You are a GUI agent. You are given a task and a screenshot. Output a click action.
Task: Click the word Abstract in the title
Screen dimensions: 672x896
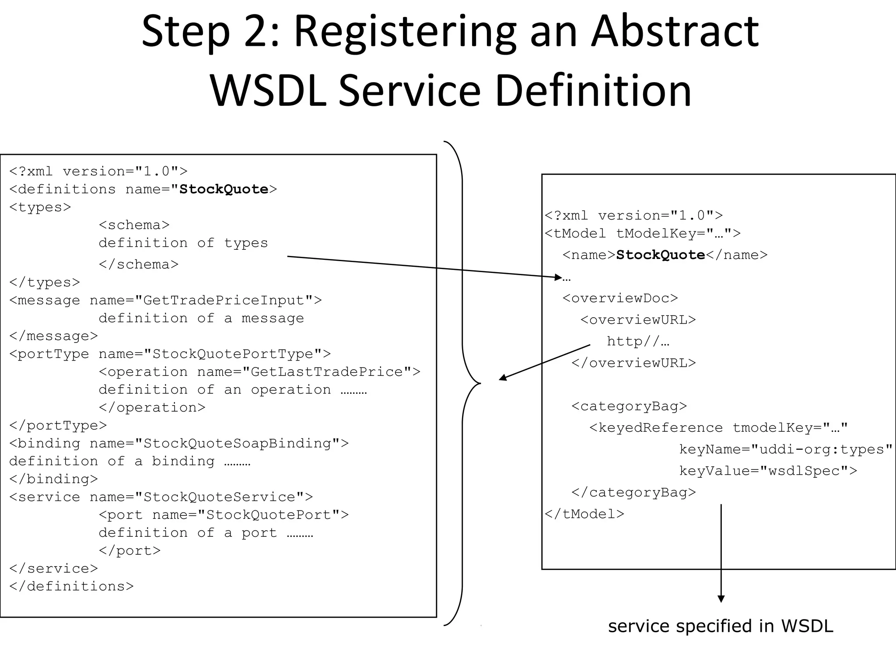click(675, 31)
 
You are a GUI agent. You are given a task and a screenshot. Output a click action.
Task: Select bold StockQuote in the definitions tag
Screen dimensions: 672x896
click(224, 189)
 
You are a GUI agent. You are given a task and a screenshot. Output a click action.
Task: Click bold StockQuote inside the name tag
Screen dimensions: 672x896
click(660, 255)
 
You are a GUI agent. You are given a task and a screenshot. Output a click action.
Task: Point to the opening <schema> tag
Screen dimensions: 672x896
click(134, 225)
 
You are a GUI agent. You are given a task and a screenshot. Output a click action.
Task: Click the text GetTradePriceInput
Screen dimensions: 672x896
click(224, 300)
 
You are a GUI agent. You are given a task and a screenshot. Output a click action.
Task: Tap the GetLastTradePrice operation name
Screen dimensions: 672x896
click(326, 371)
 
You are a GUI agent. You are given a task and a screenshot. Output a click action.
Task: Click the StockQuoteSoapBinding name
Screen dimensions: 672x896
click(237, 443)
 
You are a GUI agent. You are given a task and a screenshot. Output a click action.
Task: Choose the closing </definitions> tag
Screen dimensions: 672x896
click(71, 586)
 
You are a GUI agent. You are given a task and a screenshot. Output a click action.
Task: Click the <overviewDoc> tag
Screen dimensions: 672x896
click(620, 298)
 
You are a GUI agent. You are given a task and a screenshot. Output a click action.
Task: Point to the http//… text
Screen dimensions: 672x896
click(637, 341)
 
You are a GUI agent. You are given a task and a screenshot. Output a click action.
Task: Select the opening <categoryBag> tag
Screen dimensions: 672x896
click(629, 406)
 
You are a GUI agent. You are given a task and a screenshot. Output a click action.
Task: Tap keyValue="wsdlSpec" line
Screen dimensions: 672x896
click(768, 471)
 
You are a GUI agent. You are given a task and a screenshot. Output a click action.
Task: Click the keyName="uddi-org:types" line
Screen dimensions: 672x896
click(785, 449)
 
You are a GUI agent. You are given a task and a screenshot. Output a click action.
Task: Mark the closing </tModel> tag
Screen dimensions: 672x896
click(584, 514)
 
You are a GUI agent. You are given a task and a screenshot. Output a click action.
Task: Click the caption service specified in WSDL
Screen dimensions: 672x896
click(721, 626)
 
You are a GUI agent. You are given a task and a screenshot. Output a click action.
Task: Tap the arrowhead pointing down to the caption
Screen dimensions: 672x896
click(721, 599)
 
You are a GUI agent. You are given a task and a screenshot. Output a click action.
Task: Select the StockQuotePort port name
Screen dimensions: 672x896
click(269, 514)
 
